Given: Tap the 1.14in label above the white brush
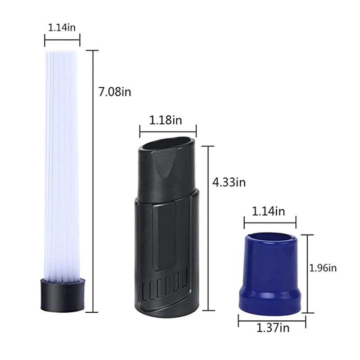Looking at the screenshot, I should point(62,27).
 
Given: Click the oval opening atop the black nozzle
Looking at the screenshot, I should point(169,146).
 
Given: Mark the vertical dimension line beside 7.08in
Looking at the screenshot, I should point(94,180).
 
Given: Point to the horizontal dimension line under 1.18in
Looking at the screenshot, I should point(168,132).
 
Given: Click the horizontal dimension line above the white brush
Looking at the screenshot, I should point(62,40).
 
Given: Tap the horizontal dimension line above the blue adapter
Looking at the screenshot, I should point(270,221).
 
